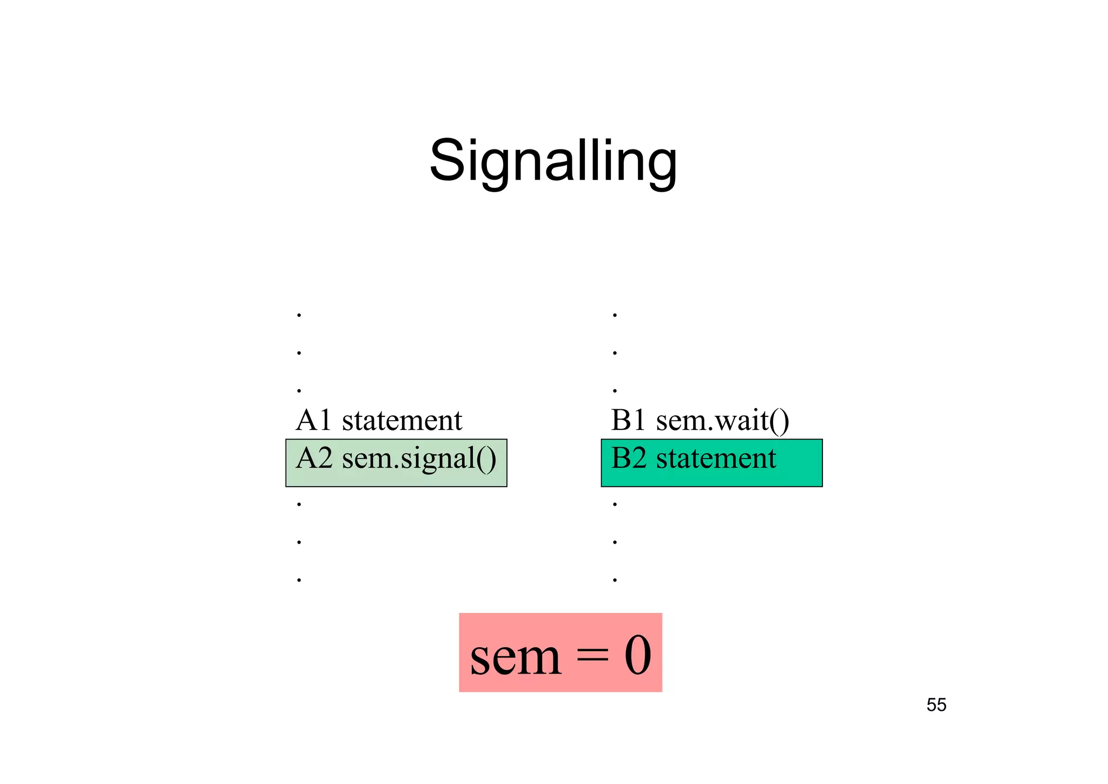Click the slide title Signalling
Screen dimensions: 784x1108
(553, 161)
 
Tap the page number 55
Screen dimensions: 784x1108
(936, 705)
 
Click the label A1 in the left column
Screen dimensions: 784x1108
(313, 420)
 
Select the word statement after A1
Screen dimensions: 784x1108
(402, 420)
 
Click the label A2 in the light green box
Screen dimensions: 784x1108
(313, 459)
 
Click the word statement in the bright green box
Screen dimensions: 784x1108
(716, 459)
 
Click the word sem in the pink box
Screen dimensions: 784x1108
(515, 657)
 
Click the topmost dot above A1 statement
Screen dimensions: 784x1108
(299, 315)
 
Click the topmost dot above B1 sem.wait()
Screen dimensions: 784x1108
(615, 315)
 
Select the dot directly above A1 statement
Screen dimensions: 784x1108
(299, 390)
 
